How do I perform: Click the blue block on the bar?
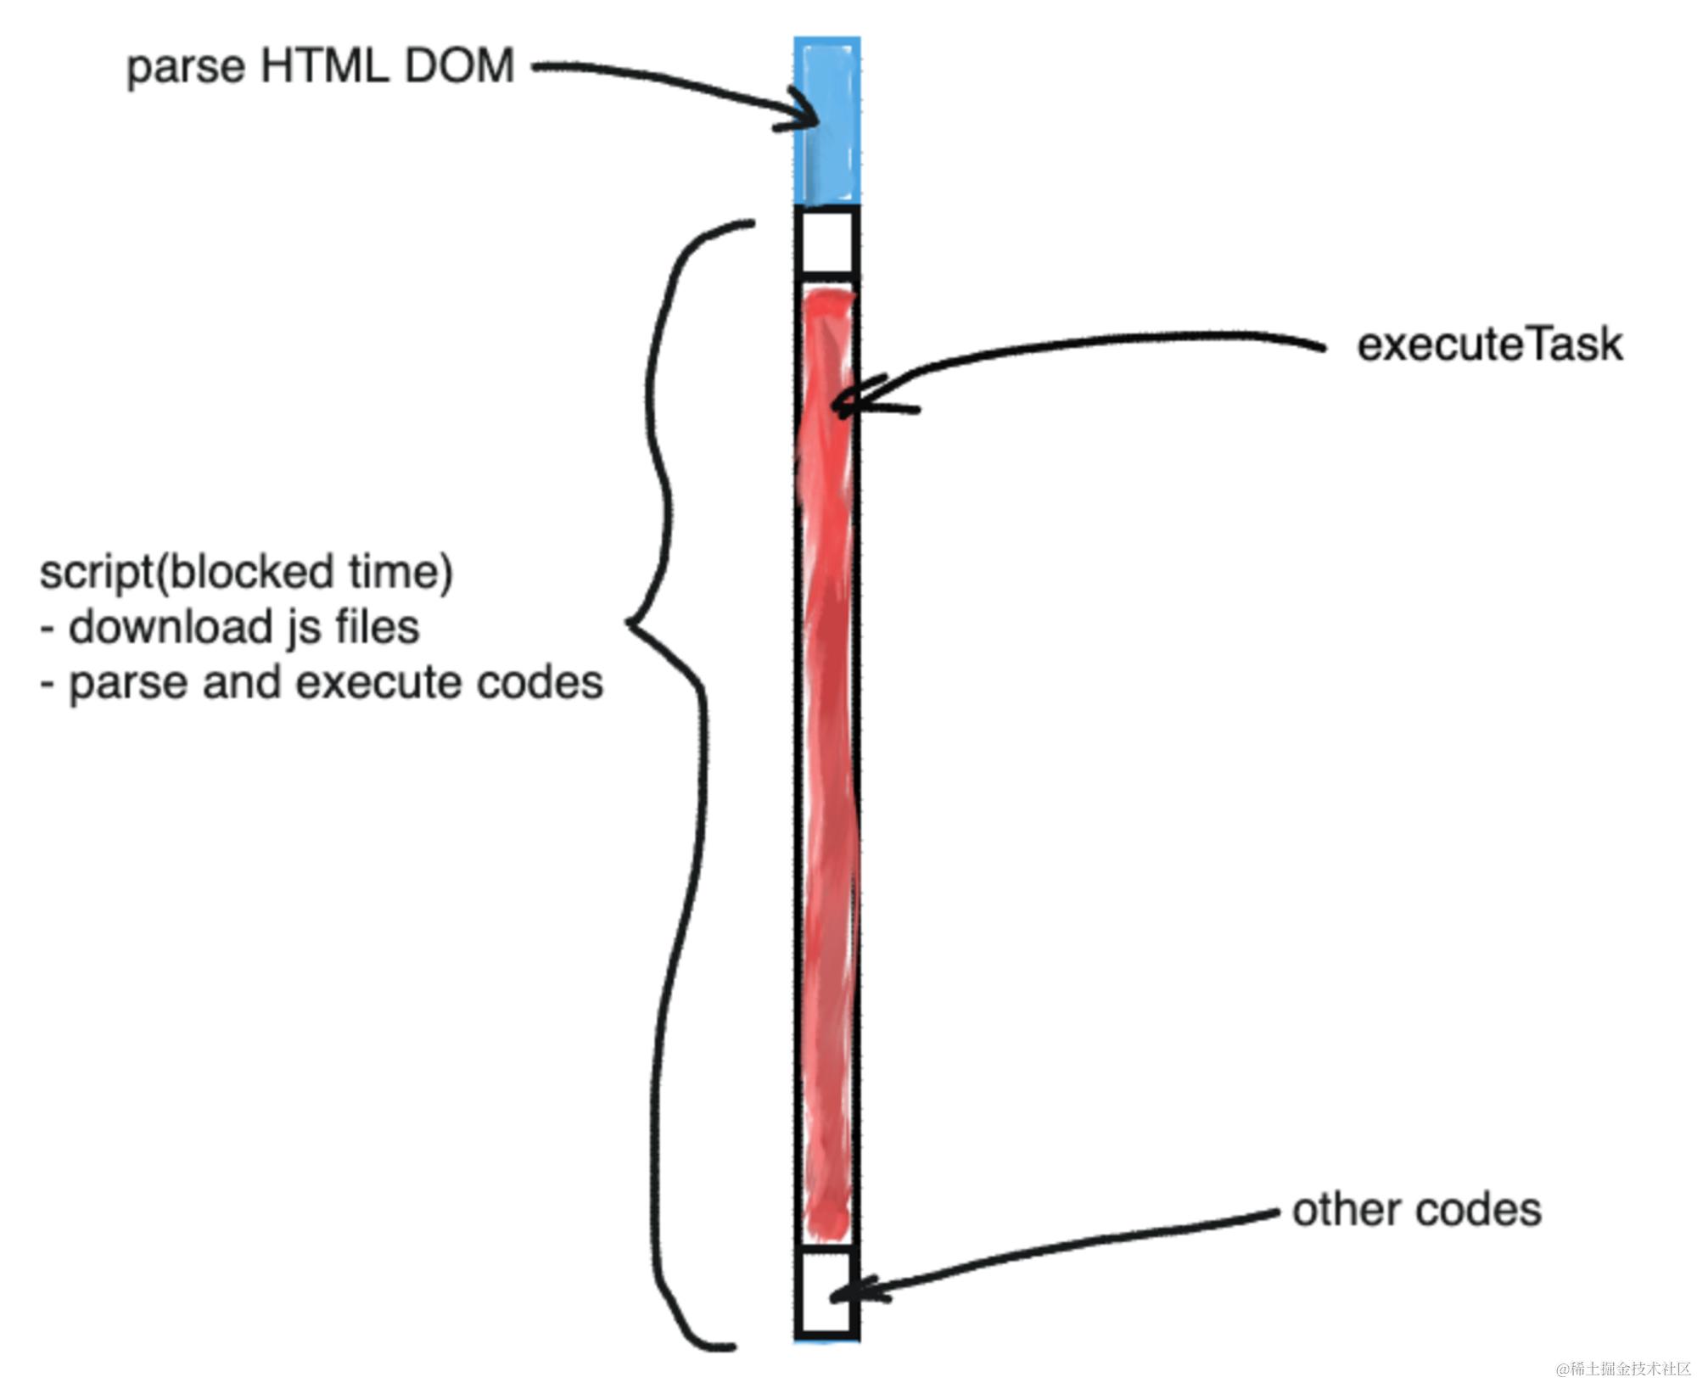(x=827, y=120)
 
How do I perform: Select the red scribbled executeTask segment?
(x=827, y=764)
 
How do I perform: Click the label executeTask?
(x=1489, y=345)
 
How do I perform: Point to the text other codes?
(x=1416, y=1210)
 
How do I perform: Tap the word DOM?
(x=459, y=66)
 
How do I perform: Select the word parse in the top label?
(x=186, y=68)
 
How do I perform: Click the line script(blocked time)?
(x=246, y=573)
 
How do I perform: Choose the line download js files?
(x=244, y=628)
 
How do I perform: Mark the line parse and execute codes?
(x=335, y=683)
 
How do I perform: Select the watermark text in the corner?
(x=1622, y=1369)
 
